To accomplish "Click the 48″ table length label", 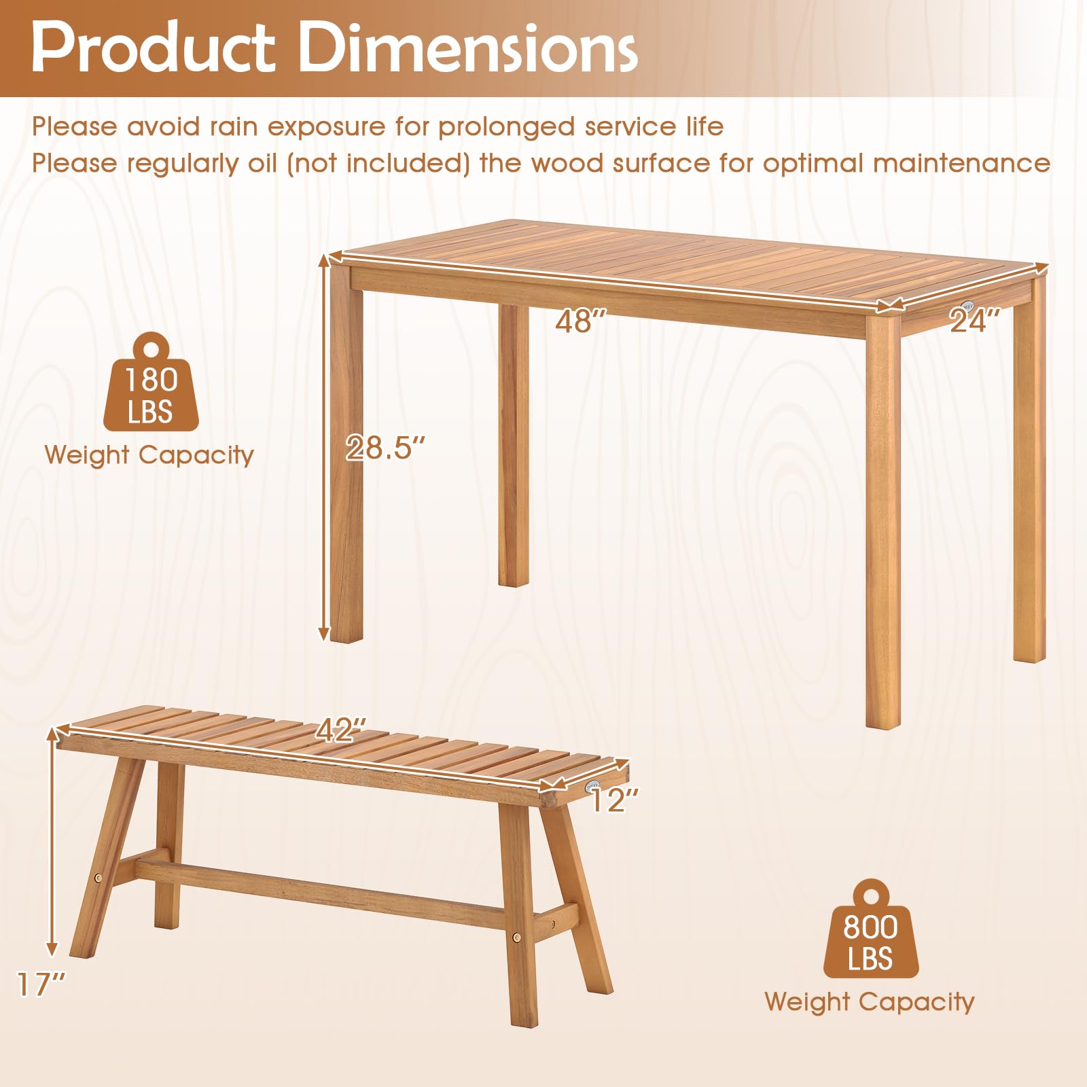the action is click(580, 321).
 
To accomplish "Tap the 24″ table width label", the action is click(975, 320).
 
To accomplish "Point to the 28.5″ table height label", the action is click(385, 447).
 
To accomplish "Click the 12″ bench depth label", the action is click(614, 800).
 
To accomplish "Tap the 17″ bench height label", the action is click(41, 984).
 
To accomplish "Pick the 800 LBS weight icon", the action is click(871, 929).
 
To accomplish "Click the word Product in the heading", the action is click(153, 48).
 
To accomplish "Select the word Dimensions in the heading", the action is click(468, 48).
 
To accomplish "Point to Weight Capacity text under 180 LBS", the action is click(149, 455).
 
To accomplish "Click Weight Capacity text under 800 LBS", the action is click(870, 1002).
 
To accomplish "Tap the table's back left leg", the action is click(514, 445).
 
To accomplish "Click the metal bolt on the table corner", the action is click(967, 305).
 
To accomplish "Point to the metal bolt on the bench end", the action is click(592, 786).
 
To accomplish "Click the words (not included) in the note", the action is click(378, 163).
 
